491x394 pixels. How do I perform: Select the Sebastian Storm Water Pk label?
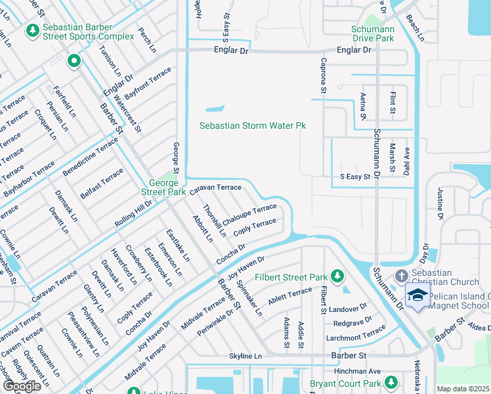tap(253, 125)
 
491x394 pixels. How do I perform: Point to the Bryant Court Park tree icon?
tap(391, 382)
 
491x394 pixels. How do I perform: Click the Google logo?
tap(22, 386)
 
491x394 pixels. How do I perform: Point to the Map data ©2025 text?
tap(463, 389)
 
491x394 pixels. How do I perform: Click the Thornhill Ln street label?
tap(214, 220)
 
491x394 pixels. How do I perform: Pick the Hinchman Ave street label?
tap(357, 371)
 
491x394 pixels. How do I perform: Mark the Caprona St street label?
tap(324, 71)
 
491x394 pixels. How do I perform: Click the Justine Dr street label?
tap(440, 204)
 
